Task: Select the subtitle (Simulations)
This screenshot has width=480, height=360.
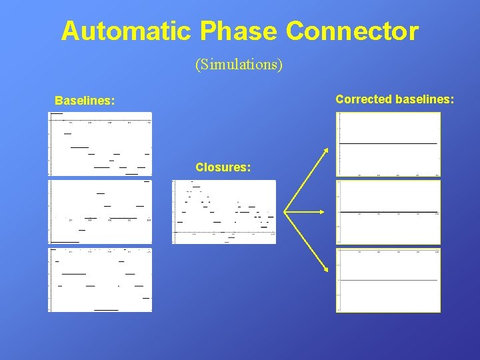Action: click(x=239, y=65)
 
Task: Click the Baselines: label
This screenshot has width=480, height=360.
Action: click(x=85, y=101)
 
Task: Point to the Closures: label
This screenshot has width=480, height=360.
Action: click(x=223, y=167)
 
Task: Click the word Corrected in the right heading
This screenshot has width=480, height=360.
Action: click(x=364, y=99)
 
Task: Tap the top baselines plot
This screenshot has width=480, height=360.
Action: click(x=100, y=143)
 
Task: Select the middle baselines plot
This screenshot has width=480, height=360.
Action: click(x=100, y=212)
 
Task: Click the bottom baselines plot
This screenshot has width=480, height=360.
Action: click(x=100, y=280)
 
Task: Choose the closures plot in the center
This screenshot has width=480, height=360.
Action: click(x=224, y=212)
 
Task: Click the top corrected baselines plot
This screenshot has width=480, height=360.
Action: click(x=388, y=144)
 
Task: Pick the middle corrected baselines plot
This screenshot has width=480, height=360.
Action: click(x=388, y=212)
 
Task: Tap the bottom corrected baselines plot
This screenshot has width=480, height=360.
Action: click(x=388, y=280)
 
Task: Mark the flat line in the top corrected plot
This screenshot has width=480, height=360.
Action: click(x=388, y=143)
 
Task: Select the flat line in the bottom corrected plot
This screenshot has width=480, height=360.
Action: click(x=388, y=281)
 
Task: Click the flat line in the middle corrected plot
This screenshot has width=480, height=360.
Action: click(x=388, y=212)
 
